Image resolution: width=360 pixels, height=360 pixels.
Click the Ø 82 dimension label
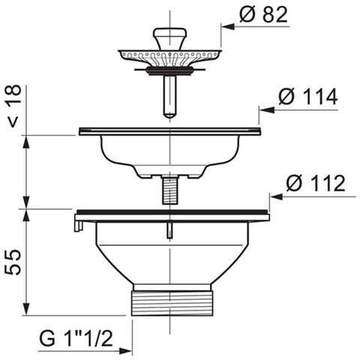click(263, 15)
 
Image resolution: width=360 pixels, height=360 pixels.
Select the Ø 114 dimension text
click(308, 97)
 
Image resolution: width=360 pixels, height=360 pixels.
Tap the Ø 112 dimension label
click(316, 183)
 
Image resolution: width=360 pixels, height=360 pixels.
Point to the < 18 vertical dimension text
click(14, 106)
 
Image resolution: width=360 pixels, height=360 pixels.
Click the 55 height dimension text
click(13, 262)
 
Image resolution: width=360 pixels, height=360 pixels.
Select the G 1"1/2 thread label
click(76, 338)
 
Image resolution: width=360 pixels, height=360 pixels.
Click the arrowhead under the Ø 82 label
click(228, 26)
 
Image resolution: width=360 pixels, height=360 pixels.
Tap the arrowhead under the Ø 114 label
click(266, 110)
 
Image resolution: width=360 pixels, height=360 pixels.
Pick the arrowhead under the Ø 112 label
click(277, 196)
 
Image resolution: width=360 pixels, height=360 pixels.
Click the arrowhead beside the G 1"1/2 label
click(125, 351)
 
